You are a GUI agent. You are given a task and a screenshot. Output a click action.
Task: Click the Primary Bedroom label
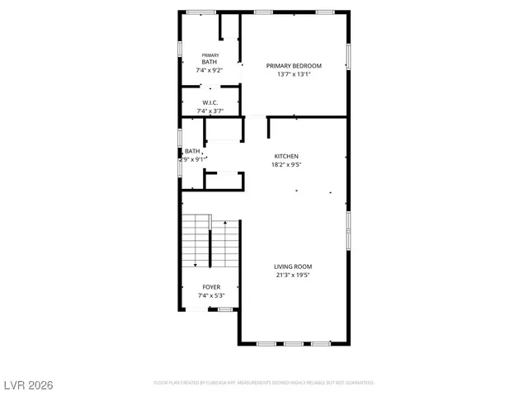click(293, 65)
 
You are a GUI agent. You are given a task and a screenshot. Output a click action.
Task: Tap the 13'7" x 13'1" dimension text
click(293, 74)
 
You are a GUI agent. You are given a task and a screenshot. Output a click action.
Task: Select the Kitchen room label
click(286, 156)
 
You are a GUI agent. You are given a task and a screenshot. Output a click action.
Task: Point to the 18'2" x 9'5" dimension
click(286, 164)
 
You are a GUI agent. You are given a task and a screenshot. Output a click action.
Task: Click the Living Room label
click(293, 266)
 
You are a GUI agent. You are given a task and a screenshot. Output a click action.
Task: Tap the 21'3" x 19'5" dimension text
click(293, 275)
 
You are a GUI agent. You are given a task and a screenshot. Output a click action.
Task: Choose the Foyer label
click(210, 287)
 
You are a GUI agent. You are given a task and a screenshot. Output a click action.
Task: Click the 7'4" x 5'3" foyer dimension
click(210, 295)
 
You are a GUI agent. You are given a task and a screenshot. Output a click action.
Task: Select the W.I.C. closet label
click(210, 103)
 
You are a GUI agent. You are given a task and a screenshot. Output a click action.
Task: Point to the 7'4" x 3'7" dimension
click(210, 111)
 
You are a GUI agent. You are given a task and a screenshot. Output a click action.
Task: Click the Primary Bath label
click(210, 59)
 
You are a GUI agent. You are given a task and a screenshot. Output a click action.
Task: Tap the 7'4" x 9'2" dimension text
click(210, 70)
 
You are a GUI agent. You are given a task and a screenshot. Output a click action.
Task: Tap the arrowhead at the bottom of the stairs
click(195, 265)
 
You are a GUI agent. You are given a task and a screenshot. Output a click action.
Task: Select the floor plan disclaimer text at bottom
click(264, 383)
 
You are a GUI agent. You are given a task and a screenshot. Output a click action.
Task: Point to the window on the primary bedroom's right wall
click(348, 56)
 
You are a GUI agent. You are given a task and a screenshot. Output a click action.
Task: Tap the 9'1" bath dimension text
click(193, 159)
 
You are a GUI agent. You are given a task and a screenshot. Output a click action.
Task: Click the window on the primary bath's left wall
click(181, 49)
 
